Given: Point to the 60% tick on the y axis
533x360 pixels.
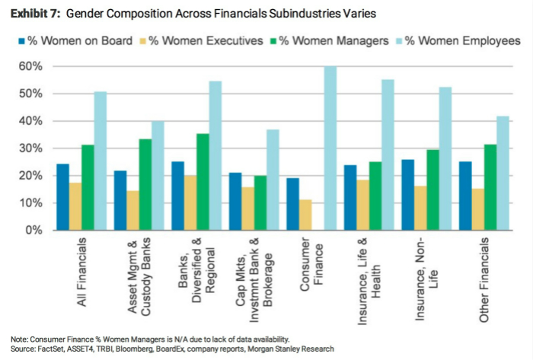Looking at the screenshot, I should (32, 66).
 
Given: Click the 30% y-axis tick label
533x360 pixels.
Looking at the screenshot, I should (32, 148).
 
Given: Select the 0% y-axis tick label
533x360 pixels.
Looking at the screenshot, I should (35, 230).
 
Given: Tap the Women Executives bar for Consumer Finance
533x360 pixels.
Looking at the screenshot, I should (307, 215).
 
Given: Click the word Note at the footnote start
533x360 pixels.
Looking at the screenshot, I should (18, 339).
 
